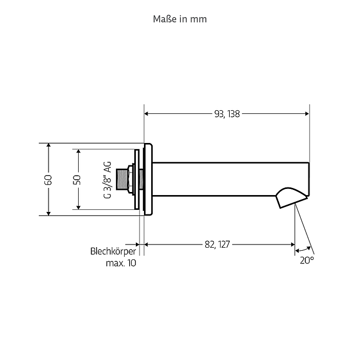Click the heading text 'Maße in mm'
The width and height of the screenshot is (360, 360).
(x=180, y=19)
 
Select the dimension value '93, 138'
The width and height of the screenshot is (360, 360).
(x=227, y=114)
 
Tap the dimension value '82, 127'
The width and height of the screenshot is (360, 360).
(x=217, y=245)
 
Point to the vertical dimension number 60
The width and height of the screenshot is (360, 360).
(x=49, y=180)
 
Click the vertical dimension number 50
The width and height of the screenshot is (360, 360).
(x=77, y=180)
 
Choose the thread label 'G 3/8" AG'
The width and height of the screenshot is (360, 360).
(x=107, y=180)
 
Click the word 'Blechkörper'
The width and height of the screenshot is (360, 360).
(x=113, y=251)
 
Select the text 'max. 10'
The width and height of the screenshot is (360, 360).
(x=121, y=263)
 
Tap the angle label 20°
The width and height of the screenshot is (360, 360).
(x=307, y=260)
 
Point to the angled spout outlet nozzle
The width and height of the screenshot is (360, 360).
(x=291, y=197)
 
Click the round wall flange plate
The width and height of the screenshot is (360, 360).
(x=148, y=179)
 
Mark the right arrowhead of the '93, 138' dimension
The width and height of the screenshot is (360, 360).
(x=307, y=114)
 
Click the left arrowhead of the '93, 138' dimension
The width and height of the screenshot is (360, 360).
(x=146, y=114)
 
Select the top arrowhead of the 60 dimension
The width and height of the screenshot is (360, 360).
(x=49, y=146)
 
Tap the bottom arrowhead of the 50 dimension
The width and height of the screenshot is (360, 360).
(x=78, y=207)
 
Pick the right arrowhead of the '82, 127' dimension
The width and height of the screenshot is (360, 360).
(x=293, y=245)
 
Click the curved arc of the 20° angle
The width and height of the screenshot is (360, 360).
(x=303, y=249)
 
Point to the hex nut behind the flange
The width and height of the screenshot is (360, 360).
(x=130, y=180)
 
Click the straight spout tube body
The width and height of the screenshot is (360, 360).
(x=230, y=179)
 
